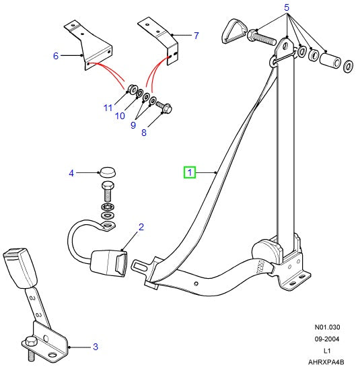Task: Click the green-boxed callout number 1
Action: click(x=190, y=173)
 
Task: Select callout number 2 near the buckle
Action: click(x=141, y=227)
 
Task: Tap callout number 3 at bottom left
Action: click(x=96, y=347)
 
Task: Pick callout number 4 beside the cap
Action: click(x=71, y=173)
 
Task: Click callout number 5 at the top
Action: click(x=286, y=8)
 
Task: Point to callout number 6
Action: click(x=56, y=56)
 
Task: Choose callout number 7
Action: click(x=196, y=35)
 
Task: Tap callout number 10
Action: click(x=119, y=116)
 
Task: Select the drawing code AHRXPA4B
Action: click(x=326, y=362)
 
